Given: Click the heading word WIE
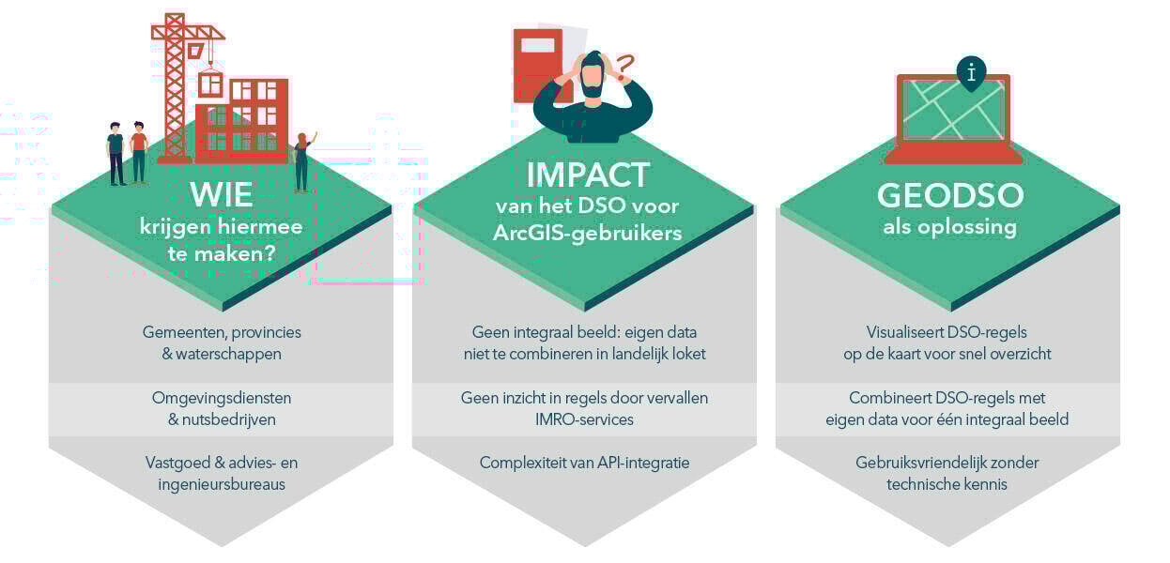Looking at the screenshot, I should click(222, 195).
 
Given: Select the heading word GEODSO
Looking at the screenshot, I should click(949, 195).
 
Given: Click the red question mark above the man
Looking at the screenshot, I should click(624, 65).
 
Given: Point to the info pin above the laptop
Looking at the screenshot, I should click(970, 72).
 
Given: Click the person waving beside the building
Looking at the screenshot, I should click(301, 160).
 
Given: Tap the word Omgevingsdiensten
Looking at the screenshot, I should click(222, 398).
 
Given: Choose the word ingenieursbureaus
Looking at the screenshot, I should click(222, 484).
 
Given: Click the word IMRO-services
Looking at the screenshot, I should click(585, 419).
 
